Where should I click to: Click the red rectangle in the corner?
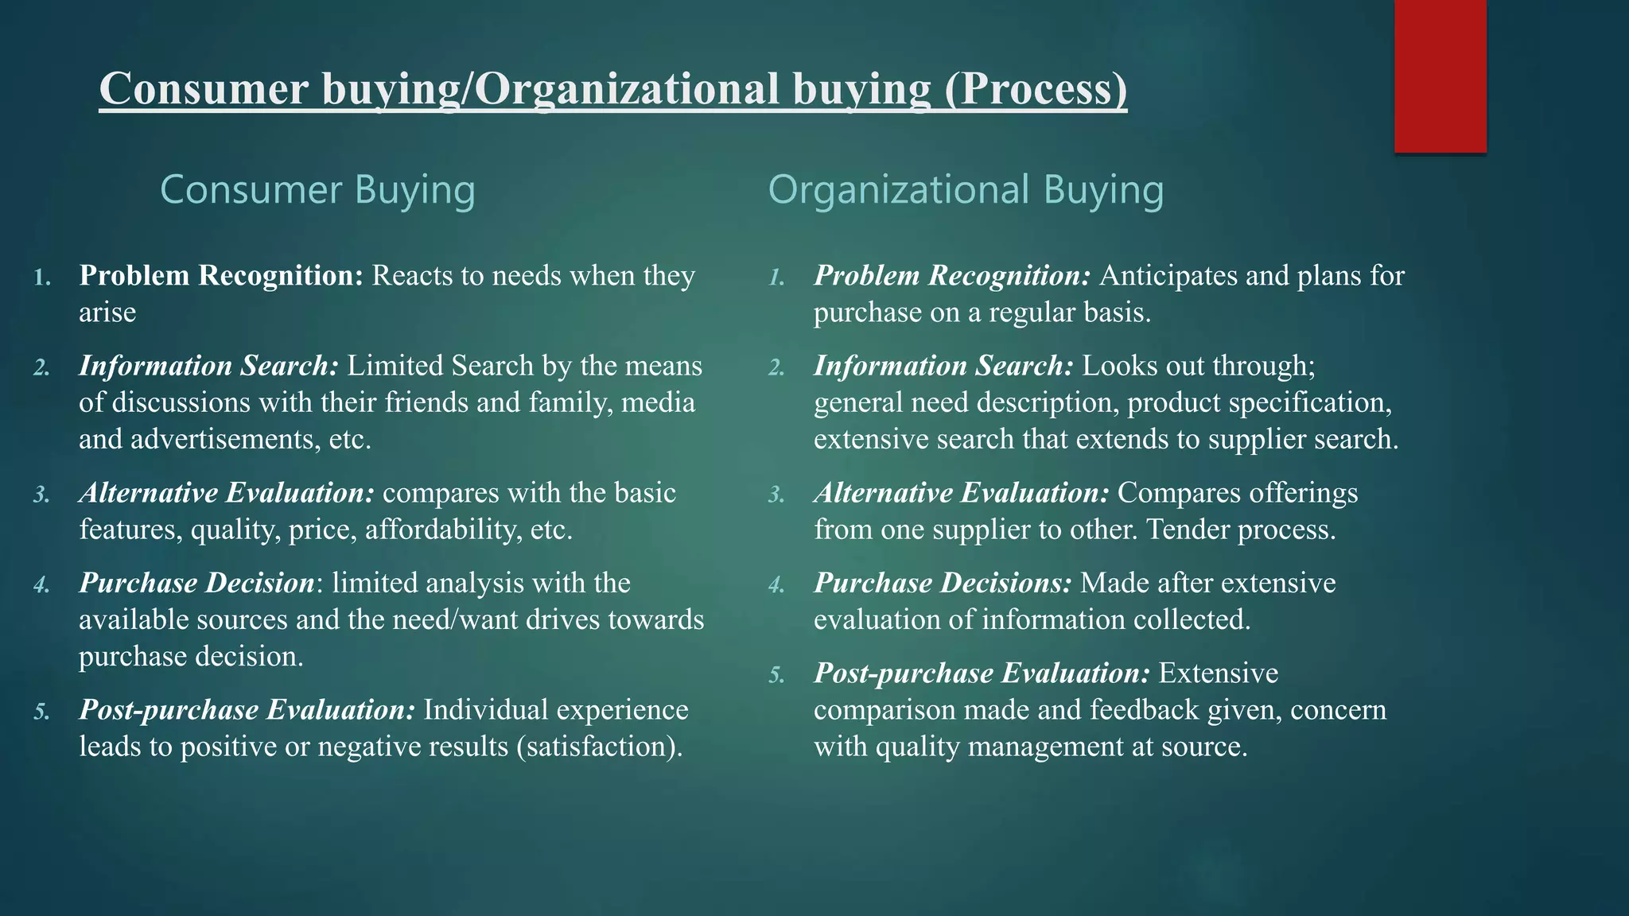[x=1440, y=76]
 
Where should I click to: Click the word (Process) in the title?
[x=1036, y=88]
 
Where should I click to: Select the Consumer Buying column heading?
[x=317, y=190]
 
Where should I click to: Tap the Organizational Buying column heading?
[x=965, y=190]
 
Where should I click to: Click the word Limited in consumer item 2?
[x=395, y=366]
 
